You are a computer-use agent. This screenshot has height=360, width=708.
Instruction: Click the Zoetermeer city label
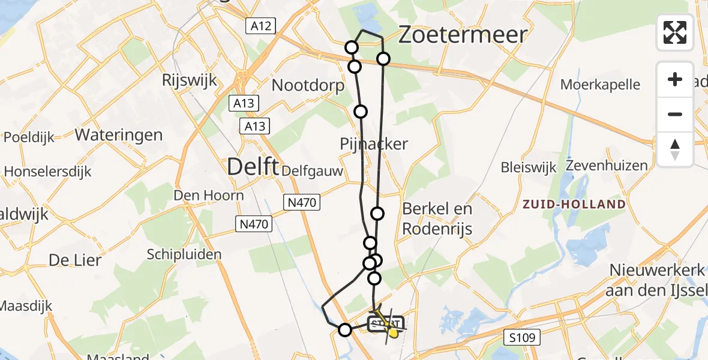463,35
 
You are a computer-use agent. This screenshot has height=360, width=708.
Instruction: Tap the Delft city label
253,167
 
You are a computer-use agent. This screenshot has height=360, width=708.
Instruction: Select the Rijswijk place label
190,80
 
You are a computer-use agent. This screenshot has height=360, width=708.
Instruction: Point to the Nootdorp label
308,85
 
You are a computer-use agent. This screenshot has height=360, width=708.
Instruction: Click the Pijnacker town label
374,144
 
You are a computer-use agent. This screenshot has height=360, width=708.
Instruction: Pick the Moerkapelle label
600,85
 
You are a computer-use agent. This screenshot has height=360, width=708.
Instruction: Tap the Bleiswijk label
529,167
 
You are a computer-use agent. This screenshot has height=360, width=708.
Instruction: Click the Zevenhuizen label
607,166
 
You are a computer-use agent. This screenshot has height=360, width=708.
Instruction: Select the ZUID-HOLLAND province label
574,204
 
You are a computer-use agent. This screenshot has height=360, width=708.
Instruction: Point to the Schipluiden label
184,254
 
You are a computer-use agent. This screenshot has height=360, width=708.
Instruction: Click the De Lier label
75,260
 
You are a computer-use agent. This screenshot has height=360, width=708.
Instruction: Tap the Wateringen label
119,134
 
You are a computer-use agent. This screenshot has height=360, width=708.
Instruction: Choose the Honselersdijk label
47,172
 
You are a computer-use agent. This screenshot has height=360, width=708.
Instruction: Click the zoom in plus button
675,80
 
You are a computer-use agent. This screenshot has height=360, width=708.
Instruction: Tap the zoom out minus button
675,114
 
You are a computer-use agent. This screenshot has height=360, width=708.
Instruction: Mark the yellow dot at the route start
393,332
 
